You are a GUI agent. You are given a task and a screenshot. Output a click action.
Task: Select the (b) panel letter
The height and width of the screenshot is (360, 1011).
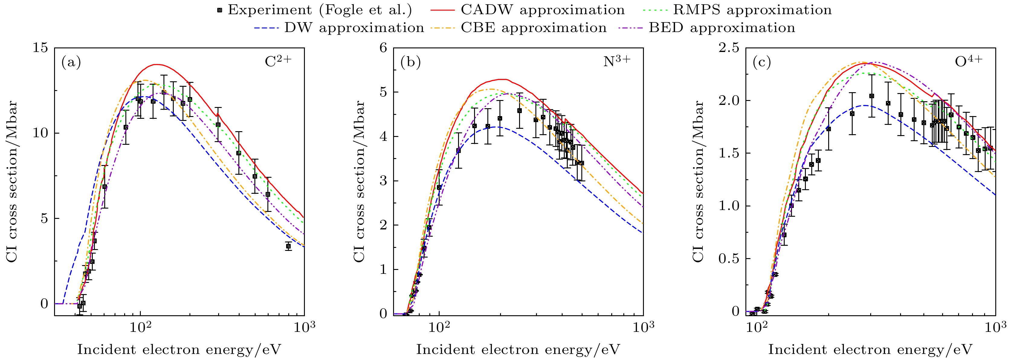click(411, 62)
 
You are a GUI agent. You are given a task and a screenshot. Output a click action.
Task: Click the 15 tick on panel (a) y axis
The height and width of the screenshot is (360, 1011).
click(40, 48)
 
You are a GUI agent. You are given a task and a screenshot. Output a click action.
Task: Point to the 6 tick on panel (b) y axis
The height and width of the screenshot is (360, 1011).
click(383, 48)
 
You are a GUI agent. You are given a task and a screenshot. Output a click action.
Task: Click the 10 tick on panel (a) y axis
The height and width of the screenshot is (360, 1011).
click(40, 133)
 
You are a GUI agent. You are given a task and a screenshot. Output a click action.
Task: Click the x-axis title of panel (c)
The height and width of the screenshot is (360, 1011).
click(870, 349)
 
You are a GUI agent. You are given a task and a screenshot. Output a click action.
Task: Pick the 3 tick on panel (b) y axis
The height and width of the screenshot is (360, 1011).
click(383, 181)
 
